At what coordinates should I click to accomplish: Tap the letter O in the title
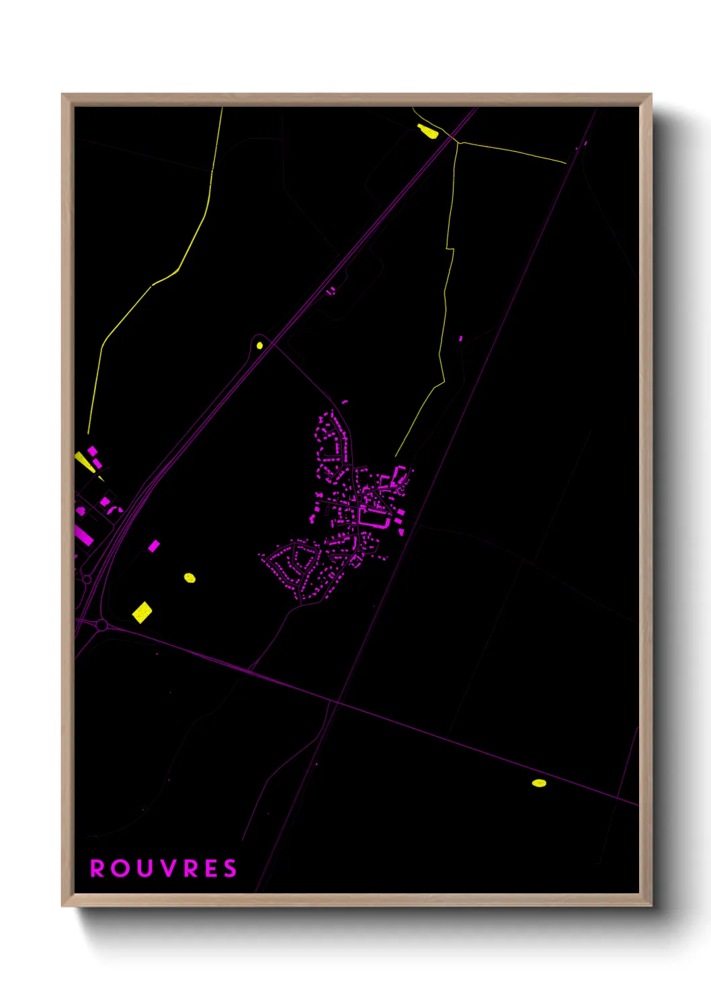pyautogui.click(x=121, y=868)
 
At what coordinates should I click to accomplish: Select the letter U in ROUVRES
pyautogui.click(x=144, y=868)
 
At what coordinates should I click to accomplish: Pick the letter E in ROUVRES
pyautogui.click(x=211, y=868)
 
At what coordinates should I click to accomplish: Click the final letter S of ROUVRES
pyautogui.click(x=231, y=868)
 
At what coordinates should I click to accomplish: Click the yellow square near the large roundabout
pyautogui.click(x=142, y=612)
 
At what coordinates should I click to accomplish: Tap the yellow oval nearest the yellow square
pyautogui.click(x=190, y=578)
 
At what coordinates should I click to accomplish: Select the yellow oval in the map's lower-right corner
pyautogui.click(x=539, y=782)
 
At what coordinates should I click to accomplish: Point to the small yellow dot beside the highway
pyautogui.click(x=259, y=346)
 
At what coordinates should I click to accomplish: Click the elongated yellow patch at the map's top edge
pyautogui.click(x=427, y=131)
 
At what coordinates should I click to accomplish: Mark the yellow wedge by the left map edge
pyautogui.click(x=85, y=461)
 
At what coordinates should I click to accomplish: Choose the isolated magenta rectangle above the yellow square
pyautogui.click(x=154, y=546)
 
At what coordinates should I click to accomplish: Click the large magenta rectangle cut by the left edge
pyautogui.click(x=83, y=535)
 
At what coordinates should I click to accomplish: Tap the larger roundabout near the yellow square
pyautogui.click(x=101, y=625)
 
